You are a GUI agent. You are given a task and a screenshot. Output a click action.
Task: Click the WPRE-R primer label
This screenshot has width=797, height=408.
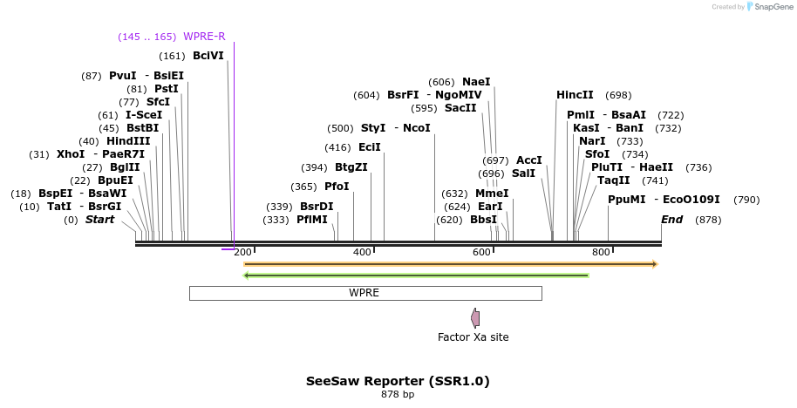pos(204,37)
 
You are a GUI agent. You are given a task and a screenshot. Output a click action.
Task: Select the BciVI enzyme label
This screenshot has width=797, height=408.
pos(208,56)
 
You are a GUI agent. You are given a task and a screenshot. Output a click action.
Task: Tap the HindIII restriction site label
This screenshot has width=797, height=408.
pos(128,141)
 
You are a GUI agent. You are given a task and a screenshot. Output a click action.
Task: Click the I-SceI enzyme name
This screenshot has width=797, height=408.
pos(144,115)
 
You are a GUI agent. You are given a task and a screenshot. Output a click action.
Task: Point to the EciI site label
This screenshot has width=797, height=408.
pos(370,147)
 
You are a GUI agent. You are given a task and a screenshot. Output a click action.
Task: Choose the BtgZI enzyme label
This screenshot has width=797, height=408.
pos(351,167)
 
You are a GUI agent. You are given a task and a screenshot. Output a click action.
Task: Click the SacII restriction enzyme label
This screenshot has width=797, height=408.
pos(460,108)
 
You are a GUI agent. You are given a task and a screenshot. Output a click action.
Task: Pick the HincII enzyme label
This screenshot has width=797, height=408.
pos(575,95)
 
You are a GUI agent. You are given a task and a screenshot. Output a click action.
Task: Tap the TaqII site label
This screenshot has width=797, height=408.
pos(614,180)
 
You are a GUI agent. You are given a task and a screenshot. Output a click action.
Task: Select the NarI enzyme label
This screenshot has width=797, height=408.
pos(592,141)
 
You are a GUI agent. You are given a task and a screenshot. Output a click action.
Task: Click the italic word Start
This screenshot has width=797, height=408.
pos(99,220)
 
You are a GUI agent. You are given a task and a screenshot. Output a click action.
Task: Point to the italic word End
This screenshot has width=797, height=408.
pos(671,220)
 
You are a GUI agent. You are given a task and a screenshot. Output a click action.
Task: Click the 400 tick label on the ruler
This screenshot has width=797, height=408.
pos(362,253)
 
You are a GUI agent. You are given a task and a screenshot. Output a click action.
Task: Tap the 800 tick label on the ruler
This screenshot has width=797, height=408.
pos(601,253)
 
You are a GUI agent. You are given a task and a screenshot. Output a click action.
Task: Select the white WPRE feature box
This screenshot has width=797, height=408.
pos(365,293)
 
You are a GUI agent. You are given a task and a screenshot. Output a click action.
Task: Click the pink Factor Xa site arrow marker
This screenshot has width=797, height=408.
pos(475,318)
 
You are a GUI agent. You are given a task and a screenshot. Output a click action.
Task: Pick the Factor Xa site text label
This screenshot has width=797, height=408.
pos(473,337)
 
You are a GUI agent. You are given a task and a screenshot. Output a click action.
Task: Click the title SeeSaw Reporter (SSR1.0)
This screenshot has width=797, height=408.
pos(398,382)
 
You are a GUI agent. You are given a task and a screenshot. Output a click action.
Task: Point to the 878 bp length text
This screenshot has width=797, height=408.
pos(398,395)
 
